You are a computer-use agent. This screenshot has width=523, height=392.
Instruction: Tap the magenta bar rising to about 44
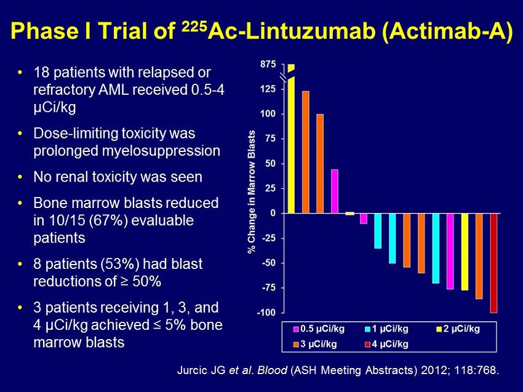(x=335, y=191)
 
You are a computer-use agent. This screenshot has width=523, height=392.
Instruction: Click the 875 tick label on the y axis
(x=268, y=65)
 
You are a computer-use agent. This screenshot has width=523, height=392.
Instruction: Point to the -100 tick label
(x=266, y=313)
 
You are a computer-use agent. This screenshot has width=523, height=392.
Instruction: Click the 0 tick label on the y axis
(x=273, y=214)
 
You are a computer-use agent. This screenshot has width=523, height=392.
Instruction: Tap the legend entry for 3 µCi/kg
(x=314, y=343)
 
